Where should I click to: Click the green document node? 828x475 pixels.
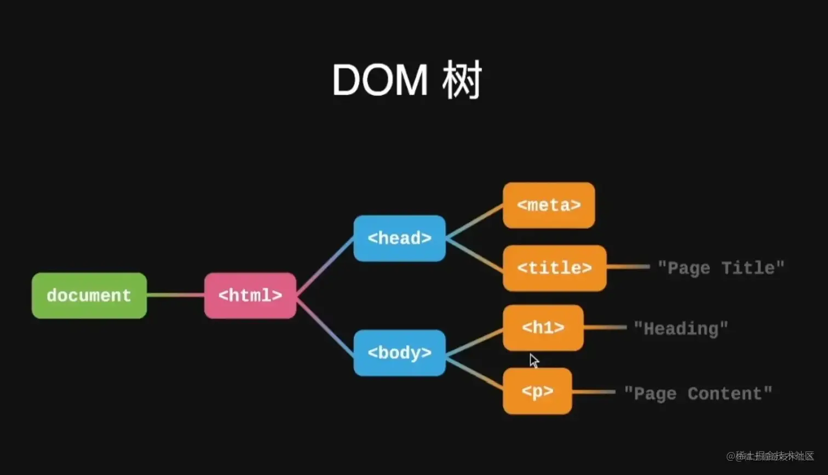tap(89, 296)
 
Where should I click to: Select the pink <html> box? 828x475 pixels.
tap(250, 296)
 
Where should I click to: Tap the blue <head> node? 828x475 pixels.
tap(399, 238)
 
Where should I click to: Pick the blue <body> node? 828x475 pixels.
tap(399, 353)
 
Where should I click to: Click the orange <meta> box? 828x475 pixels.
tap(549, 205)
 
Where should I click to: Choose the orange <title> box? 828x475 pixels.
tap(554, 268)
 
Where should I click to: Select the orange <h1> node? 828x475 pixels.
tap(543, 328)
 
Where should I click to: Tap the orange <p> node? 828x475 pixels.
tap(537, 391)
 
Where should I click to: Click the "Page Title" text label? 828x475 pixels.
tap(721, 268)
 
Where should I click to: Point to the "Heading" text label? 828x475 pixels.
tap(681, 329)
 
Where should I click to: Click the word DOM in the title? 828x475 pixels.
tap(380, 80)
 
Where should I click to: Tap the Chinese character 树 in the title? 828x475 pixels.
tap(461, 80)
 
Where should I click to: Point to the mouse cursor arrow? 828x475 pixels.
tap(534, 360)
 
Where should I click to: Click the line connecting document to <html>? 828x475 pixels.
tap(175, 296)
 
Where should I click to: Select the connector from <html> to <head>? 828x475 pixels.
tap(325, 267)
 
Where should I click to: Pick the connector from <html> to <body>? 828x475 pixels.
tap(325, 325)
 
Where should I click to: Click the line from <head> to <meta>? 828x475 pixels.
tap(474, 222)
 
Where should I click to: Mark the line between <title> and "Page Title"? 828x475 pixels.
tap(628, 267)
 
